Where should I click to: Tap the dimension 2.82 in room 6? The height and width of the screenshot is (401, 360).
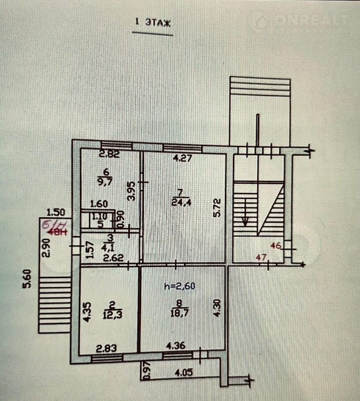(x=109, y=154)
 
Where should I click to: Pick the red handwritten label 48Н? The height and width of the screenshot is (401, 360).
(x=58, y=233)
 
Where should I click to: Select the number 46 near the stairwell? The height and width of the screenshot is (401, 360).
(x=277, y=246)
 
